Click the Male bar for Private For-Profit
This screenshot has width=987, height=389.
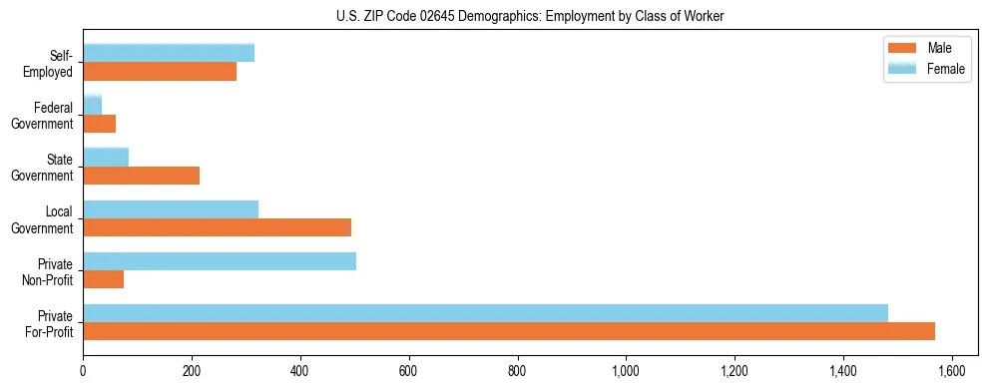[509, 331]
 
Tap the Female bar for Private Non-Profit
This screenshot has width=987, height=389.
[220, 261]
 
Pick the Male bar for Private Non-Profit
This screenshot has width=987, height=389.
[104, 279]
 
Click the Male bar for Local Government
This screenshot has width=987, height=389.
[218, 227]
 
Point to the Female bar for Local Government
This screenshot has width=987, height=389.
[171, 209]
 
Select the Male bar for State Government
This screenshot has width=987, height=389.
[142, 176]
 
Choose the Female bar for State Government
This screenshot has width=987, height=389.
[106, 157]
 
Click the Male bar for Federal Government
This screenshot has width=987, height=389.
[100, 124]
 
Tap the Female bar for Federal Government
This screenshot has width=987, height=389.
[93, 105]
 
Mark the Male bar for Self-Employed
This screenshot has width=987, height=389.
[160, 72]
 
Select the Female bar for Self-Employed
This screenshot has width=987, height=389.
[169, 53]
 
